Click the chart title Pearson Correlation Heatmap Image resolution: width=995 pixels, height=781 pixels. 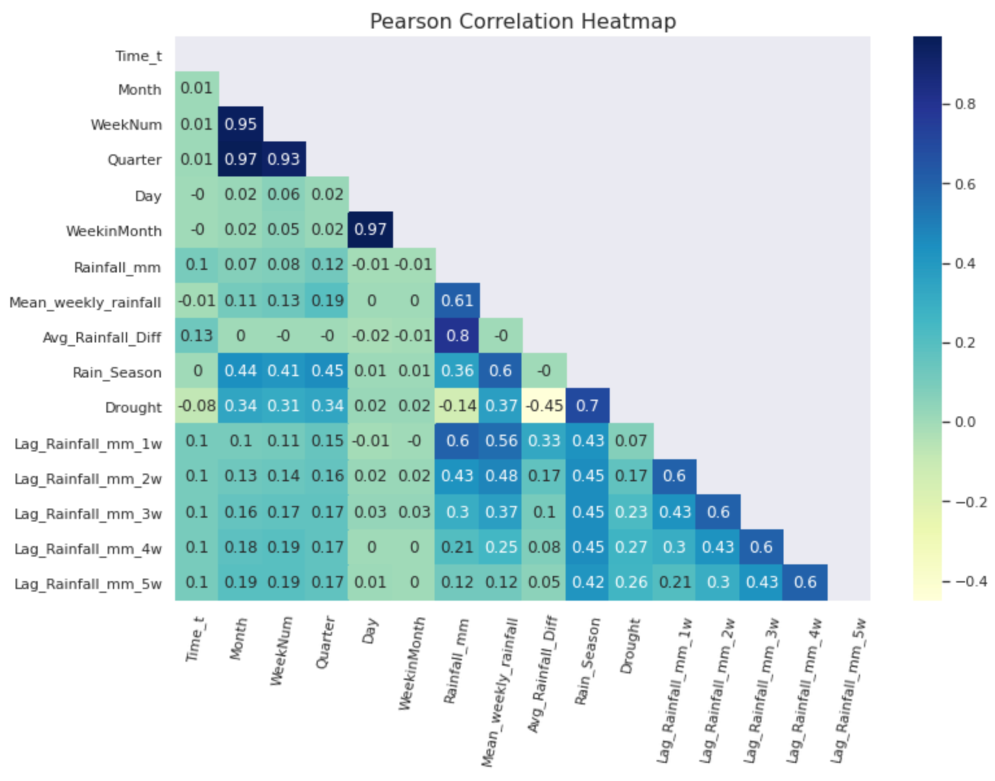(523, 21)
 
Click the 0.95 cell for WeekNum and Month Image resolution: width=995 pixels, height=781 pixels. (241, 124)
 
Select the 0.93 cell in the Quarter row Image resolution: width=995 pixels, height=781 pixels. (283, 159)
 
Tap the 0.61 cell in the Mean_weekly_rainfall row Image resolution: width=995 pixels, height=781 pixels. (457, 300)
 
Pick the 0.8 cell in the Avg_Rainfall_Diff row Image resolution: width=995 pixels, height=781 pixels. (457, 335)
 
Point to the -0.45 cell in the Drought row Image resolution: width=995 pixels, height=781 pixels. (544, 405)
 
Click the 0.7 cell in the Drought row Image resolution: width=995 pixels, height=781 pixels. (587, 405)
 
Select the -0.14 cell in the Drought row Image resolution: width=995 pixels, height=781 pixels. (457, 405)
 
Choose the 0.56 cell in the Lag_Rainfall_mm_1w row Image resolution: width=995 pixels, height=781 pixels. (501, 440)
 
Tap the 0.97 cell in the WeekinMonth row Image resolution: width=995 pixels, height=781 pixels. (370, 229)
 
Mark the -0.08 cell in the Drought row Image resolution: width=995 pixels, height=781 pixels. (197, 405)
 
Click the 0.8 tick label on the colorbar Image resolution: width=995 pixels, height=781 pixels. (965, 104)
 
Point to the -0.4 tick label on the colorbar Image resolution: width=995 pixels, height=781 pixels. (971, 581)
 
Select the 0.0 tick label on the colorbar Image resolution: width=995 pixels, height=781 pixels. (965, 422)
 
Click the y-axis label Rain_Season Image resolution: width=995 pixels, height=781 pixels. (117, 372)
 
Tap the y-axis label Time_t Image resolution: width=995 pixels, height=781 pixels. (138, 56)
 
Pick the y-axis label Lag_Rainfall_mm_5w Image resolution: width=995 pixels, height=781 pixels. (88, 584)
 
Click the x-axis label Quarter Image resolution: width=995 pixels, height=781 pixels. (326, 642)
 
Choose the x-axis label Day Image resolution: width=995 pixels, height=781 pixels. (370, 631)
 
